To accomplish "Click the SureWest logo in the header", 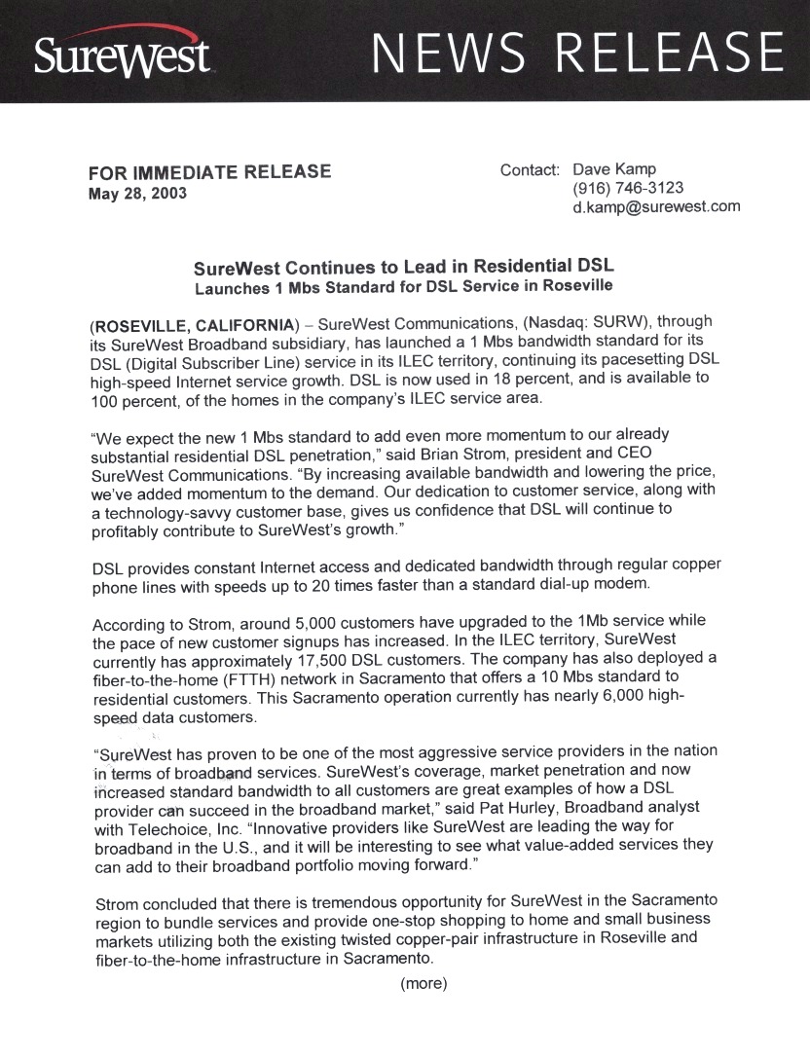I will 122,54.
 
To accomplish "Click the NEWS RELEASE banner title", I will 578,54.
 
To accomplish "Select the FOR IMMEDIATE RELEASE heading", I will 209,172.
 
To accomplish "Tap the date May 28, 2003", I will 137,193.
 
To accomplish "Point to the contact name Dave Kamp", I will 614,169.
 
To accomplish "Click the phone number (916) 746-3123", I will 628,188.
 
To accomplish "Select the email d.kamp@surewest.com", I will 656,206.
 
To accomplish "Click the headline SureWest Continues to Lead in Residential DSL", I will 403,266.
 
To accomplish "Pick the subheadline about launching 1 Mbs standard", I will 403,286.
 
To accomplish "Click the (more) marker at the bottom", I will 423,983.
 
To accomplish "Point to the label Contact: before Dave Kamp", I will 530,169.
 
